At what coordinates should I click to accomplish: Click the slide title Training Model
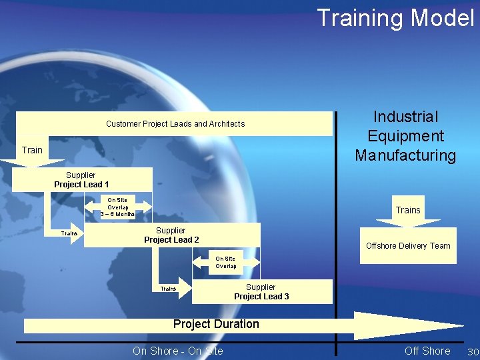click(395, 18)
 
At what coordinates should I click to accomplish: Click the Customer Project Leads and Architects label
click(175, 123)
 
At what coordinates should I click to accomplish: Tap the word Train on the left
click(32, 150)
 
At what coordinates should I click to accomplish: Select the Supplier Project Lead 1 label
click(81, 180)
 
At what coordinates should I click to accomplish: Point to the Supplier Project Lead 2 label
click(171, 235)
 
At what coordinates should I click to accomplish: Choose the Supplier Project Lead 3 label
click(261, 292)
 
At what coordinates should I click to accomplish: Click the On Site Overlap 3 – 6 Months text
click(117, 207)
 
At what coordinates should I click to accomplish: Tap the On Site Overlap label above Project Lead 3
click(225, 262)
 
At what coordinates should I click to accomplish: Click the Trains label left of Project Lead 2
click(69, 233)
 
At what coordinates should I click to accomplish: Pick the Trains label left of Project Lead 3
click(168, 289)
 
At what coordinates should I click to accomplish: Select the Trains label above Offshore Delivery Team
click(408, 210)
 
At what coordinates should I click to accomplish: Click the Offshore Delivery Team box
click(408, 246)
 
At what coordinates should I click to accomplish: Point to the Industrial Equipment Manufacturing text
click(405, 137)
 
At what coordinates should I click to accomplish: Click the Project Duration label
click(216, 324)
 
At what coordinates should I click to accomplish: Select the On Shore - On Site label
click(178, 351)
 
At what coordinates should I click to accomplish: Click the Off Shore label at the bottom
click(427, 351)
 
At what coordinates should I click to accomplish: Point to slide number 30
click(473, 351)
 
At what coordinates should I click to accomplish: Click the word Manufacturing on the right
click(405, 156)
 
